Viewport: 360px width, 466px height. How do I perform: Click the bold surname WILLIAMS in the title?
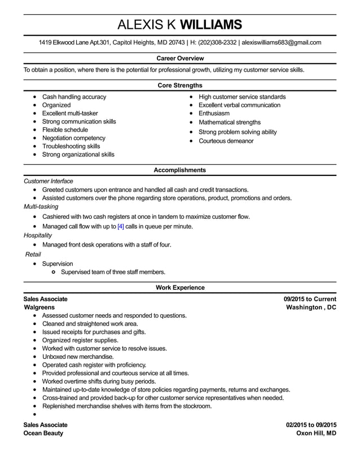click(210, 24)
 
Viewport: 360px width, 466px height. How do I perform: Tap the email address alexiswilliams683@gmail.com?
click(281, 42)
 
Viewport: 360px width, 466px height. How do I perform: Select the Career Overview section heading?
click(179, 58)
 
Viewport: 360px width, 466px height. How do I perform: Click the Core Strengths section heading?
click(179, 85)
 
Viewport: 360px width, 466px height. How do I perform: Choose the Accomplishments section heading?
click(179, 170)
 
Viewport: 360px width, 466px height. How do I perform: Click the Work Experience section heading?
click(179, 288)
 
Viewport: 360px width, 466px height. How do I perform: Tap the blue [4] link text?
click(120, 226)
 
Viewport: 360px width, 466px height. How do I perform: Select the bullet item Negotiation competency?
click(73, 138)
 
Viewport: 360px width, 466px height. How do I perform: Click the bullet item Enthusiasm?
click(214, 113)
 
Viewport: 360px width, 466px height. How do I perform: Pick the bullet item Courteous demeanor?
click(226, 140)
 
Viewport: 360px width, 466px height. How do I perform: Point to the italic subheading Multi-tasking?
click(41, 206)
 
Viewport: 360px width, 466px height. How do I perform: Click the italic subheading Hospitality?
click(38, 235)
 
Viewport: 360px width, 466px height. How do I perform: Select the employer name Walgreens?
click(39, 307)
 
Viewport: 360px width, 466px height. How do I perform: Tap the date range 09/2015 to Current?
click(309, 299)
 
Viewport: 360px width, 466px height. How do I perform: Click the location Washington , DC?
click(311, 307)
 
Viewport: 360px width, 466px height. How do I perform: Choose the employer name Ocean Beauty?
click(43, 433)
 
